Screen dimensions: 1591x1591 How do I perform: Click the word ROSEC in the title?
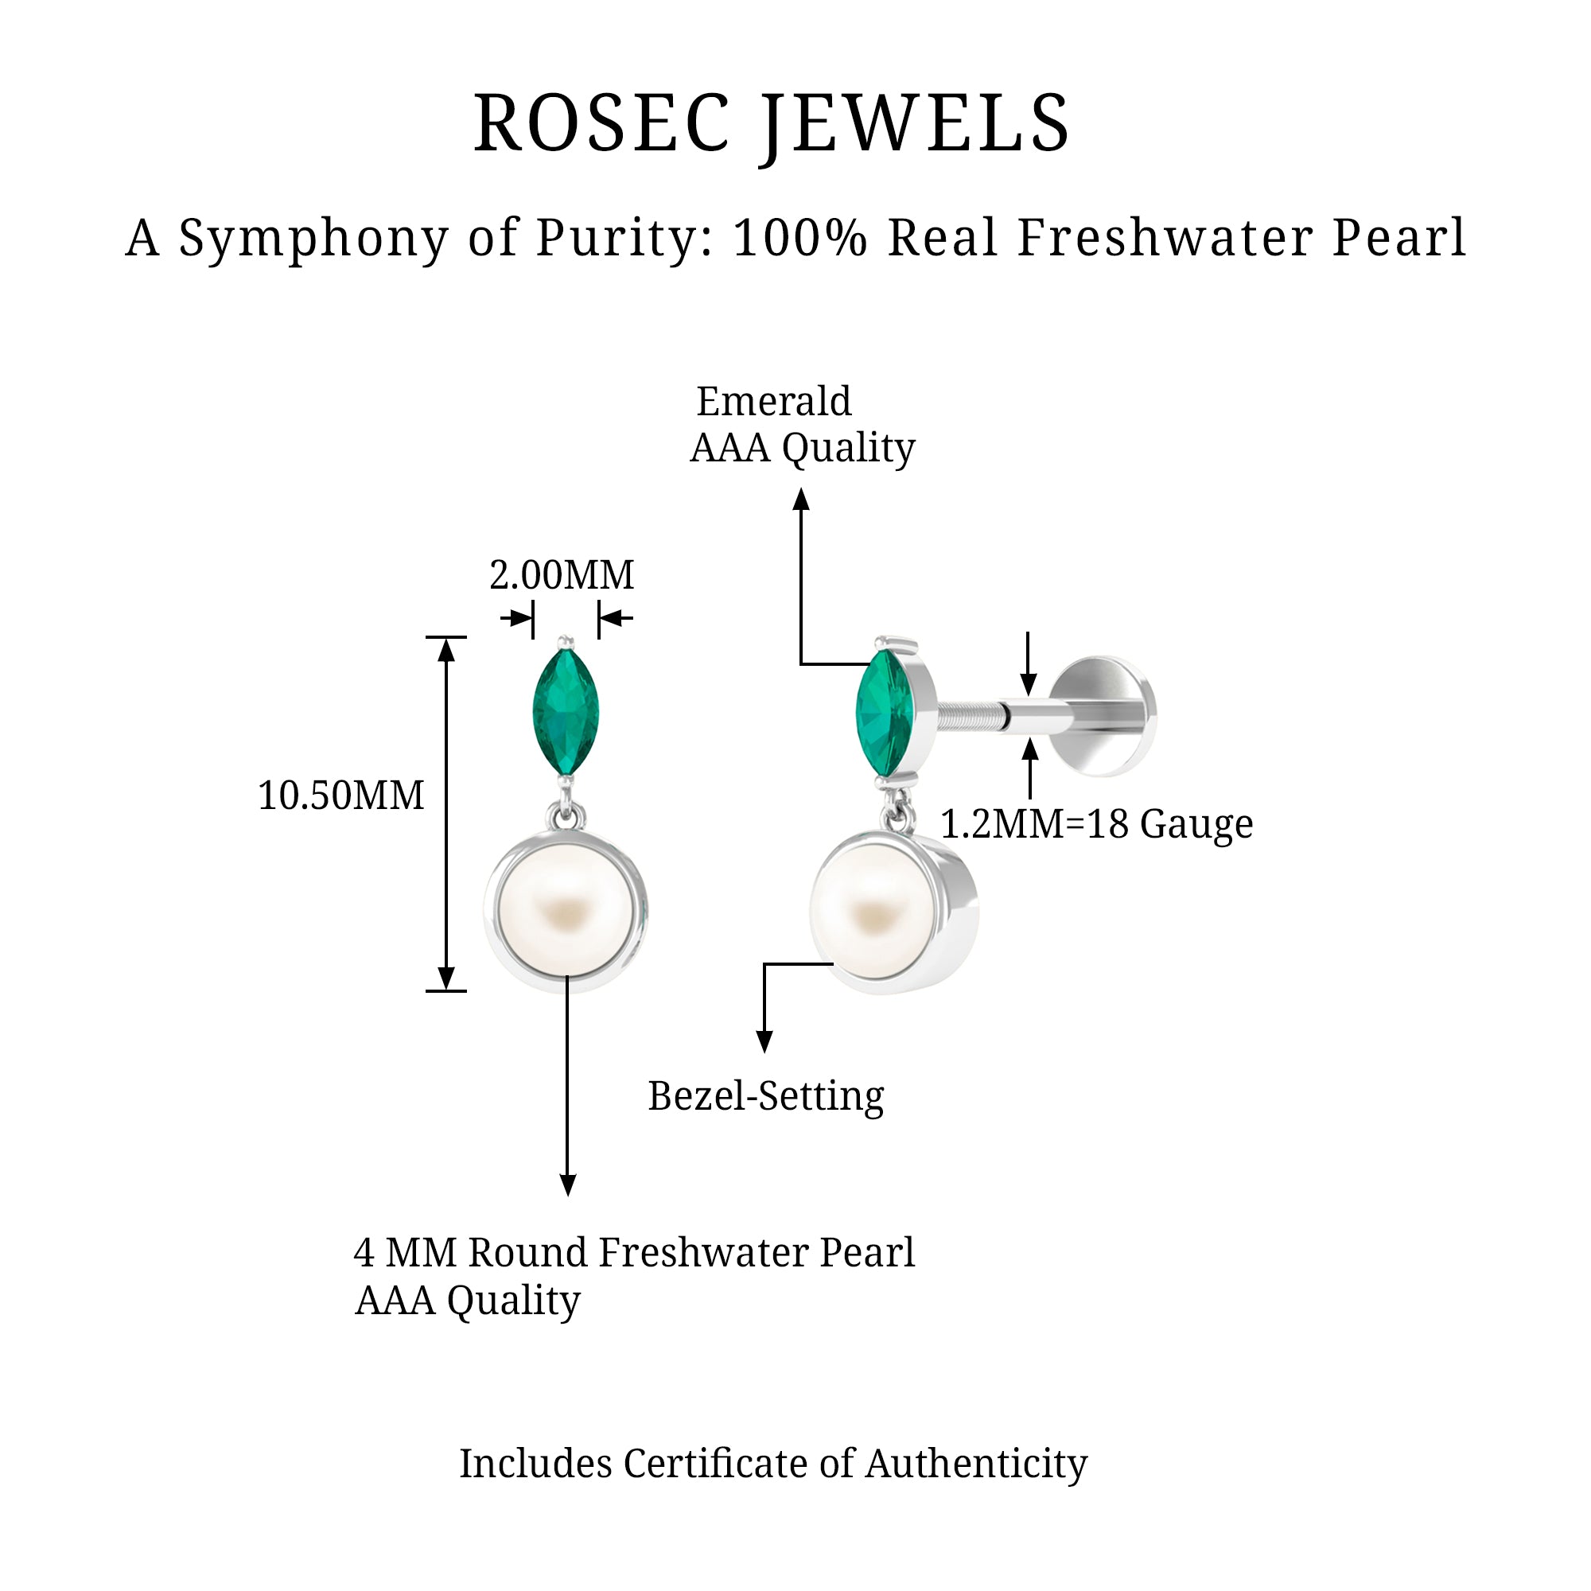click(x=602, y=124)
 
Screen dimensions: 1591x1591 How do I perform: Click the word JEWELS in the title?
click(x=915, y=124)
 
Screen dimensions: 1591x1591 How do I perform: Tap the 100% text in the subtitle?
click(x=800, y=238)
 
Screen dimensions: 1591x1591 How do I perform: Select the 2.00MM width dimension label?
click(x=562, y=575)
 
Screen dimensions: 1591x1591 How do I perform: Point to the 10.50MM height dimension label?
click(x=341, y=795)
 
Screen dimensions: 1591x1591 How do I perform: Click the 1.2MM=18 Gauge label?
click(x=1096, y=823)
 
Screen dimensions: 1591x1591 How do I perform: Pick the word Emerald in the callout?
click(x=773, y=402)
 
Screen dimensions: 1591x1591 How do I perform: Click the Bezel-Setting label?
click(x=766, y=1096)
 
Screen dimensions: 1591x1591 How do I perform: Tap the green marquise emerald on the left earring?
click(x=565, y=712)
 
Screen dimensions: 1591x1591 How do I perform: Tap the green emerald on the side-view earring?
click(x=884, y=712)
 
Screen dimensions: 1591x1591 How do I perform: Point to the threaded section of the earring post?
click(x=972, y=717)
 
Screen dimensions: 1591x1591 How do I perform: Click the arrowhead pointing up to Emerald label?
click(x=801, y=498)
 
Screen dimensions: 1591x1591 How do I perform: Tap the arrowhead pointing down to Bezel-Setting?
click(x=764, y=1043)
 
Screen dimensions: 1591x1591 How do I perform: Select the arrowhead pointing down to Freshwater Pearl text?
click(x=567, y=1185)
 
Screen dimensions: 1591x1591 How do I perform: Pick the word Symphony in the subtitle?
click(x=313, y=238)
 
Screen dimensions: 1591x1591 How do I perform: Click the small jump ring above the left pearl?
click(x=566, y=816)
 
